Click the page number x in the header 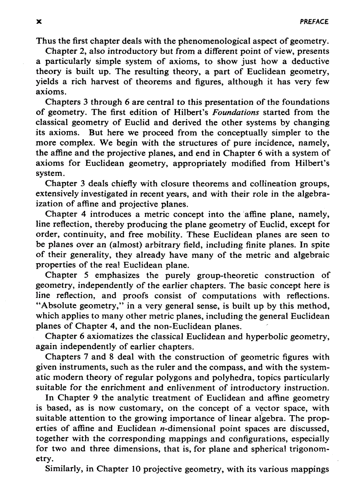tap(39, 21)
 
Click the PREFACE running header tap(314, 21)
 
